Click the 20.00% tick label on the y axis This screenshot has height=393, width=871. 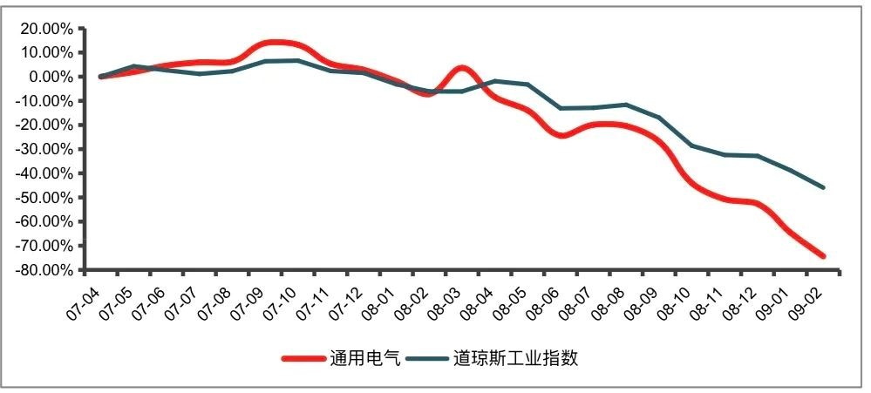[44, 28]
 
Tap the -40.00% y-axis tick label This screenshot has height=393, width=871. [42, 173]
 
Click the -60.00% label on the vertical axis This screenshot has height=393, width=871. [42, 221]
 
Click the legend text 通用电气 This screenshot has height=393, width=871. [364, 358]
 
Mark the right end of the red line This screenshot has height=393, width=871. [821, 255]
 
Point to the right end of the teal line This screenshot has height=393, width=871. [822, 187]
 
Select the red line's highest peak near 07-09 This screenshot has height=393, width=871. [276, 42]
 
